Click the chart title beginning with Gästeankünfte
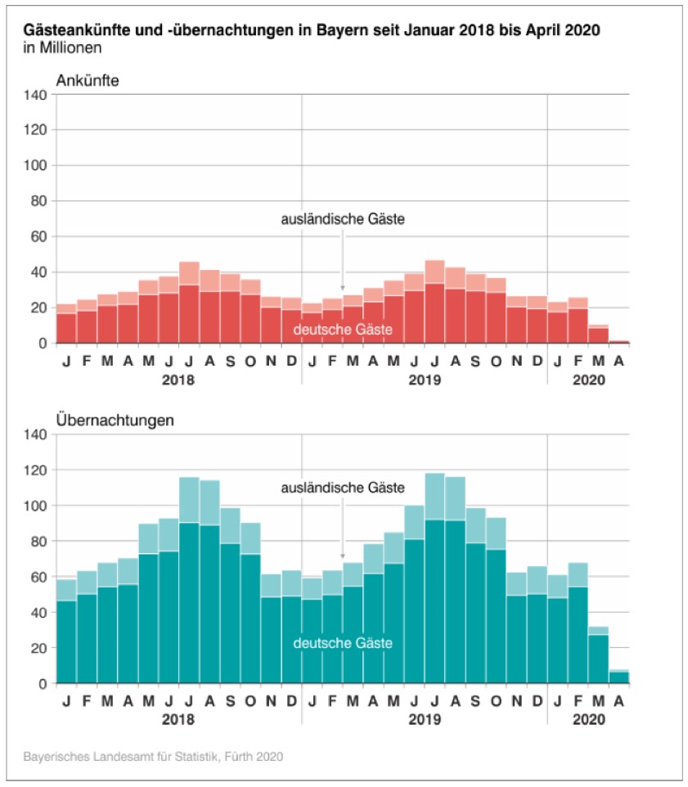pyautogui.click(x=312, y=30)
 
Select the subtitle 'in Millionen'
pyautogui.click(x=63, y=47)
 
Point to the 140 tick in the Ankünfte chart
pyautogui.click(x=35, y=94)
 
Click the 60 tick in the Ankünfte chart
pyautogui.click(x=38, y=236)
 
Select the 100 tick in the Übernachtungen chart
pyautogui.click(x=35, y=506)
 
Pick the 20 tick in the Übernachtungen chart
pyautogui.click(x=38, y=648)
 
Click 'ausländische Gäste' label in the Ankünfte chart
pyautogui.click(x=343, y=219)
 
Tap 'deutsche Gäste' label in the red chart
pyautogui.click(x=343, y=329)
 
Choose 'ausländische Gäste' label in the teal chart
pyautogui.click(x=343, y=488)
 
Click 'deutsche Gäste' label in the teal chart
pyautogui.click(x=343, y=644)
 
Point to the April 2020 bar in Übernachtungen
pyautogui.click(x=618, y=677)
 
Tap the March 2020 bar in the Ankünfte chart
pyautogui.click(x=598, y=335)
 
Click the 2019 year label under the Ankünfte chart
pyautogui.click(x=425, y=380)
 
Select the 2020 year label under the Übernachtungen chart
pyautogui.click(x=588, y=720)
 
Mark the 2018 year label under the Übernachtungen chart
pyautogui.click(x=179, y=720)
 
